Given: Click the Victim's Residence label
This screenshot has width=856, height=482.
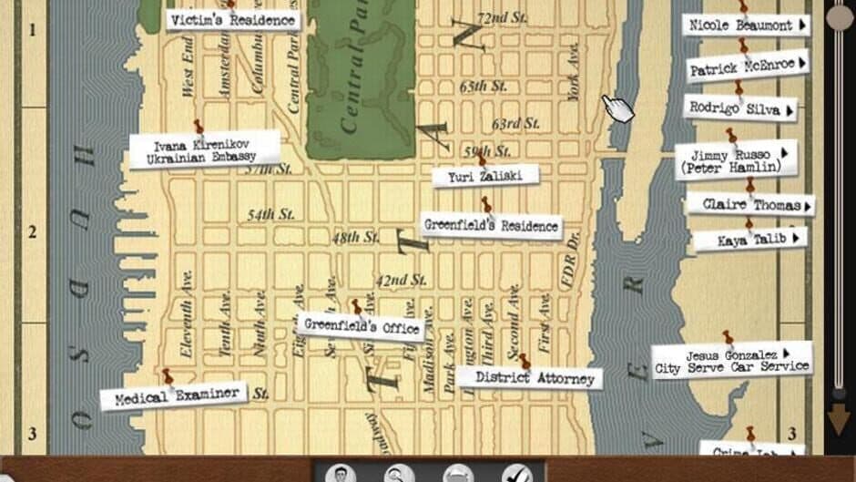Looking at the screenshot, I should (x=233, y=20).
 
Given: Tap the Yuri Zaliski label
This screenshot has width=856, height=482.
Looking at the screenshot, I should (x=485, y=176).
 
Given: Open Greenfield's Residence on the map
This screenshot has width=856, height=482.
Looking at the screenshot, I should (x=491, y=225).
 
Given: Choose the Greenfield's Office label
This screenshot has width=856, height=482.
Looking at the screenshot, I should (x=362, y=325).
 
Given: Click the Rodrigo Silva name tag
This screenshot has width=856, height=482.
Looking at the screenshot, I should (x=739, y=108).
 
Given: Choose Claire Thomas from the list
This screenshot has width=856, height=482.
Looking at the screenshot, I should (x=749, y=205).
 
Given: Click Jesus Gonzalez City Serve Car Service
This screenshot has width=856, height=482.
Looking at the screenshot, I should (x=731, y=361).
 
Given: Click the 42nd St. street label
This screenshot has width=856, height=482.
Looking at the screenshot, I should (x=401, y=280).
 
